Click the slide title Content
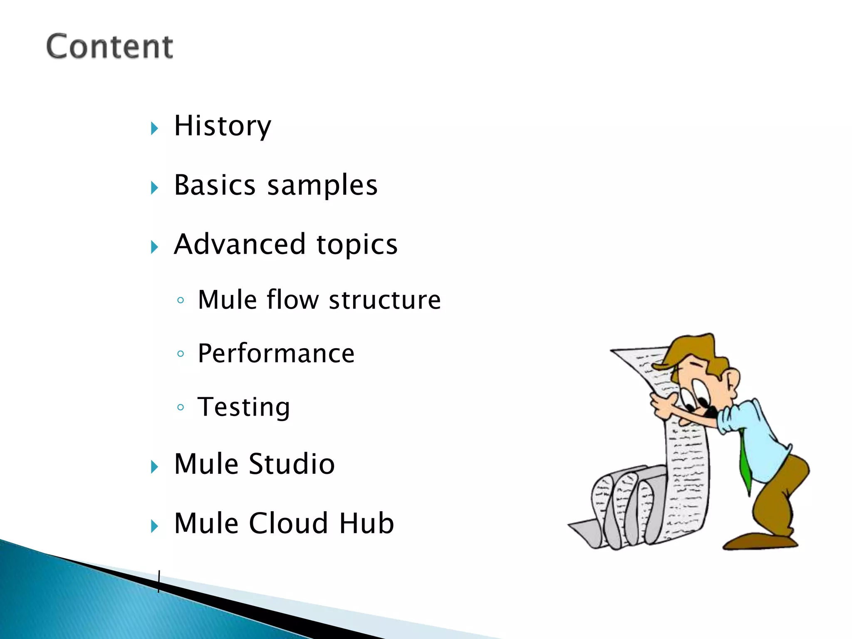109,47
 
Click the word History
223,126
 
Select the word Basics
215,185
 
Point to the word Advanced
240,244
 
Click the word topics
357,245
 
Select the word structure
385,300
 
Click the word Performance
276,354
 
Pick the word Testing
244,407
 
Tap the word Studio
292,464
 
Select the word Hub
367,523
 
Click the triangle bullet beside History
155,128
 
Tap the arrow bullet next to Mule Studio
155,467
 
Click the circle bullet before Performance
181,354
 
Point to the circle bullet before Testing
181,407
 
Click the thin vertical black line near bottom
159,582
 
